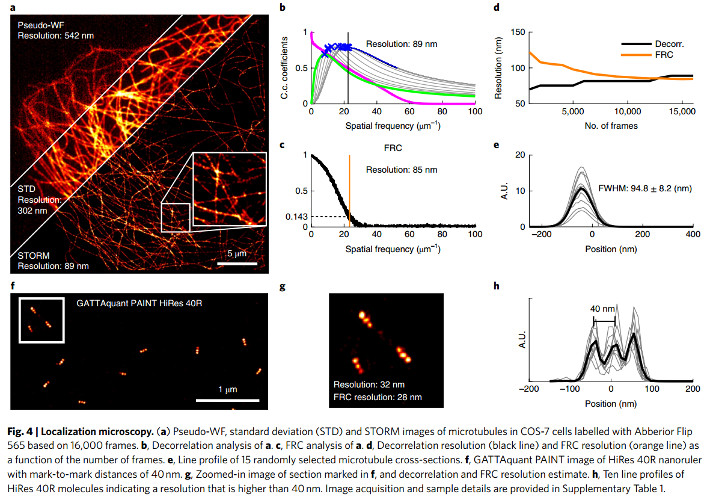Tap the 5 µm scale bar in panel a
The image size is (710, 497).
coord(237,264)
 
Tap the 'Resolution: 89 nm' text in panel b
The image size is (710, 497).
coord(402,44)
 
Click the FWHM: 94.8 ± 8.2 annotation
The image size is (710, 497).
coord(648,188)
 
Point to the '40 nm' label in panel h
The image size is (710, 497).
coord(603,309)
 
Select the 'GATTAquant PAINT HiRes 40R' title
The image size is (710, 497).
coord(139,303)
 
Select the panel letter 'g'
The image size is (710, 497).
coord(282,286)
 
